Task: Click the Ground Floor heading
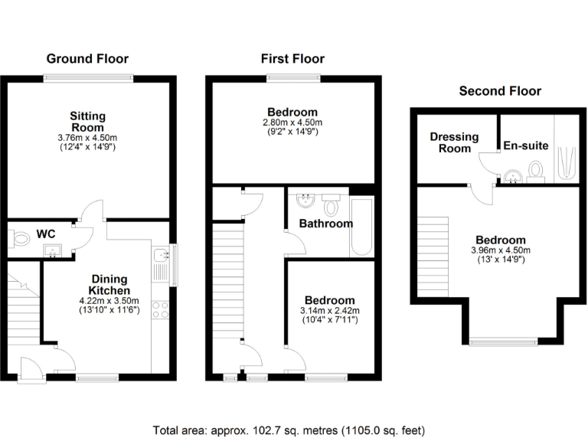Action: click(87, 58)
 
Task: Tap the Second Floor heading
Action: click(499, 90)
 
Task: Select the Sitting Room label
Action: click(87, 121)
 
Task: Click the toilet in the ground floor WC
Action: click(20, 240)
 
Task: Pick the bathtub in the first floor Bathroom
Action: click(361, 227)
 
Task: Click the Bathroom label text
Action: click(325, 224)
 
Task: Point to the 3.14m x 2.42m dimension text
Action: click(329, 310)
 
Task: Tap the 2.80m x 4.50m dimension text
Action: click(292, 122)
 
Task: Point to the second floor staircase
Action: click(433, 257)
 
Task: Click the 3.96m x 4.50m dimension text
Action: click(501, 250)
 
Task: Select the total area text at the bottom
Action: click(289, 430)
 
